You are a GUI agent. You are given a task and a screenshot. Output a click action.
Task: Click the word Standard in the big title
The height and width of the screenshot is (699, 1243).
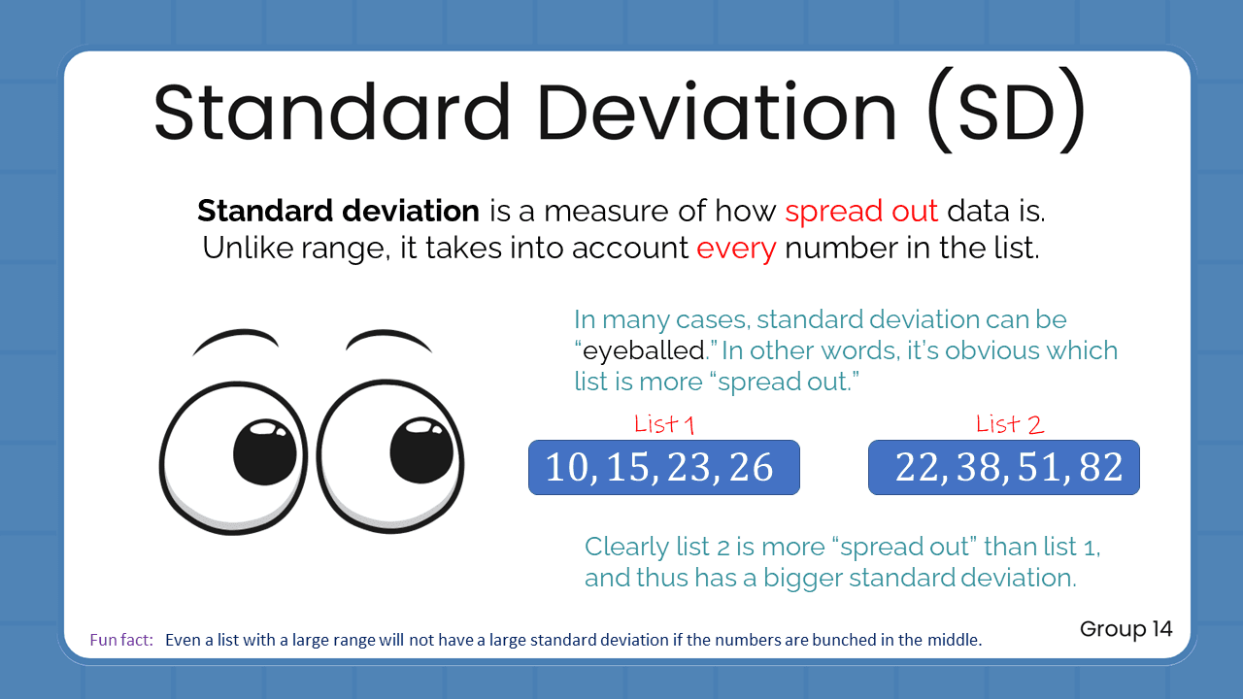(x=331, y=112)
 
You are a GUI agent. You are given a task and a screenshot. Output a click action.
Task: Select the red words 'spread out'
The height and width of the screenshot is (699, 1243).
(x=861, y=211)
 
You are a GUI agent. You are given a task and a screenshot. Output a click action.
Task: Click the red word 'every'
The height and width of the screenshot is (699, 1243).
(x=736, y=249)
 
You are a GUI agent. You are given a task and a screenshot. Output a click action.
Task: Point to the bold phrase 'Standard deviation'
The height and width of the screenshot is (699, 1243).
(x=338, y=211)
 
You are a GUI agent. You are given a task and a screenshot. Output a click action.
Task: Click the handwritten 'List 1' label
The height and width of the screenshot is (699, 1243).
(x=664, y=424)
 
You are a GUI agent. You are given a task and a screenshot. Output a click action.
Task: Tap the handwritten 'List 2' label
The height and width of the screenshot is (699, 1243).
(x=1010, y=424)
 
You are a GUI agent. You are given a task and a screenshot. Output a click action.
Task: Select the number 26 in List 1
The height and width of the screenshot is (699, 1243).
(x=750, y=468)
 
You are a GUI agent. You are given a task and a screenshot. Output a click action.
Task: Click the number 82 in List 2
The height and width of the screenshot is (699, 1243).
(x=1099, y=468)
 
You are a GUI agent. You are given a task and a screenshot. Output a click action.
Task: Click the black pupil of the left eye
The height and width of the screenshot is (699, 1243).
(x=265, y=452)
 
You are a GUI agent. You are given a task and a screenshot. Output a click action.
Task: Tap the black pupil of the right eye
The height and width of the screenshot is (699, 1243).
(x=421, y=450)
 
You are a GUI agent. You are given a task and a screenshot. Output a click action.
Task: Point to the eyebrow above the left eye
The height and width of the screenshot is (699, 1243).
(x=236, y=340)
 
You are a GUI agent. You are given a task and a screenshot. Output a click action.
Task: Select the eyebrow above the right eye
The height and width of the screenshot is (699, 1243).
(x=388, y=339)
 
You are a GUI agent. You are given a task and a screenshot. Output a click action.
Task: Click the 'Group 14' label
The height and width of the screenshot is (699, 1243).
(x=1125, y=629)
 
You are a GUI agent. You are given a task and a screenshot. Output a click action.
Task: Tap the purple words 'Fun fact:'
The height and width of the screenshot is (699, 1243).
(x=121, y=641)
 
